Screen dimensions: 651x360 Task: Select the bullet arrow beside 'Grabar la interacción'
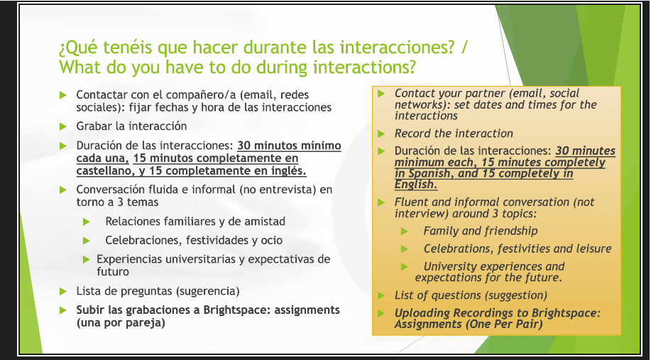point(63,126)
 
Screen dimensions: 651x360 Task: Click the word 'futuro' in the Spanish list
point(113,272)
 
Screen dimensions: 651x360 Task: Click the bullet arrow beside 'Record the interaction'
point(381,133)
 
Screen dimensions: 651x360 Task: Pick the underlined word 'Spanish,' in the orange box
point(430,173)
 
